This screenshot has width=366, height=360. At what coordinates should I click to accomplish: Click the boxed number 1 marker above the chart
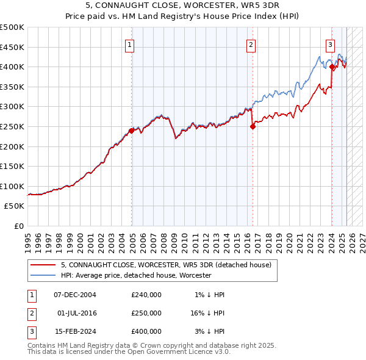point(130,44)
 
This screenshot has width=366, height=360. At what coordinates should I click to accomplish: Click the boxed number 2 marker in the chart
point(251,44)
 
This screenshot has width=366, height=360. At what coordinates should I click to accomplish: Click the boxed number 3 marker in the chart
point(330,44)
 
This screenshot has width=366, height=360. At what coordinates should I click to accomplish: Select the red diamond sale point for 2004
point(132,130)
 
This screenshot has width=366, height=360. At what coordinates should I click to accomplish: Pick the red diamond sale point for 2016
point(253,126)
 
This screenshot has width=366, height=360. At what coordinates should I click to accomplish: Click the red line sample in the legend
point(43,265)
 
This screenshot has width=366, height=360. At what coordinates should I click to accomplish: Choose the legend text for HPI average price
point(135,275)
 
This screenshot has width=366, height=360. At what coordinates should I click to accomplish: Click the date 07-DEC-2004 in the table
point(75,295)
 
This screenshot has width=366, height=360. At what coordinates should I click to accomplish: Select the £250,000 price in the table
point(146,313)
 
